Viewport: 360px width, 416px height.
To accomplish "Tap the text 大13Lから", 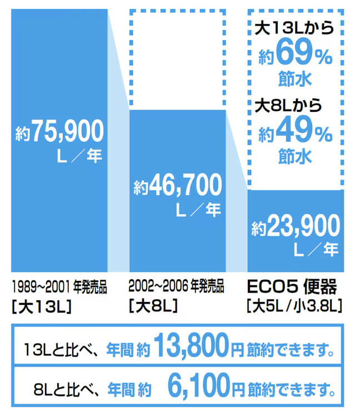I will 293,27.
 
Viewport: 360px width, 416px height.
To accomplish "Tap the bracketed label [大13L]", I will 41,306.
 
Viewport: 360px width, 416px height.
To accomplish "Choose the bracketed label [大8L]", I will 153,305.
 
